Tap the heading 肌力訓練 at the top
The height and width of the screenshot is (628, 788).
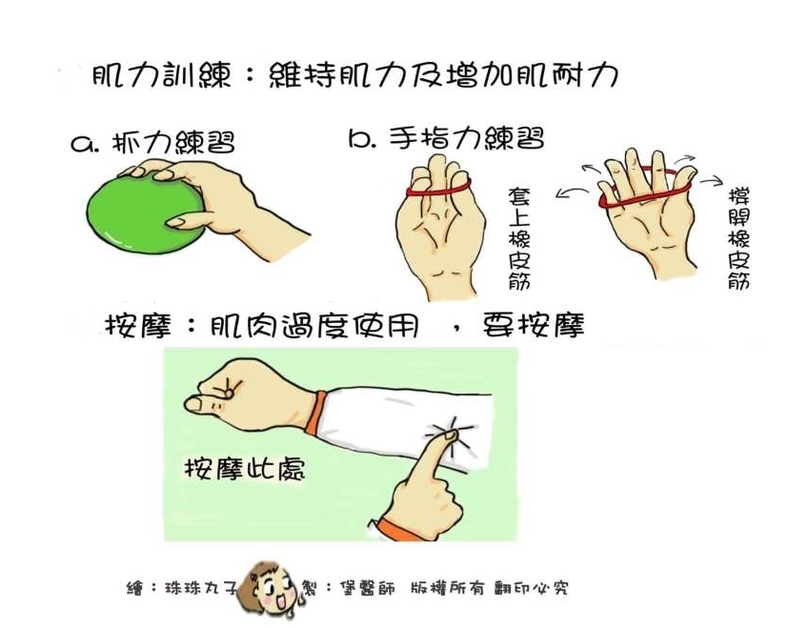(x=162, y=76)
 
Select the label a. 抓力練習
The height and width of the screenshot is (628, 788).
(x=152, y=142)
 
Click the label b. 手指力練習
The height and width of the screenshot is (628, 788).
(x=446, y=137)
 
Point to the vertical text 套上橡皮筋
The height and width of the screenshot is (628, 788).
(x=519, y=238)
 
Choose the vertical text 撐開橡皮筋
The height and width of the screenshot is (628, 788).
(x=738, y=238)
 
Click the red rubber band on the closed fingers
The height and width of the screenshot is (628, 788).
(x=438, y=191)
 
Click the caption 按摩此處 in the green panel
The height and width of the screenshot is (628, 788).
(x=245, y=470)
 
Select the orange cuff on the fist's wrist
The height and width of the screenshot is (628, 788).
(x=314, y=411)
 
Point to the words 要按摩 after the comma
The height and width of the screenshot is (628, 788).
(x=534, y=326)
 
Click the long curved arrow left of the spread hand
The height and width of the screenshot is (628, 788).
(x=573, y=192)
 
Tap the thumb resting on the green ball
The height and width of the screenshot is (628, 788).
(x=186, y=219)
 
